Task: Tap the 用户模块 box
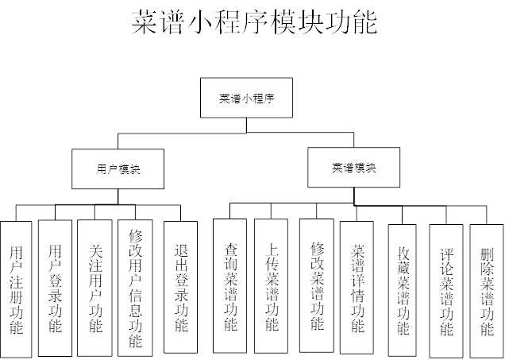point(118,168)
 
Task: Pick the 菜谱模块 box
point(353,167)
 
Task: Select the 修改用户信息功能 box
point(135,286)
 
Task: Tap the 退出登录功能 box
point(180,286)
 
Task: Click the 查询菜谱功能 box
point(229,285)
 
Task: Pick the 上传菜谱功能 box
point(271,285)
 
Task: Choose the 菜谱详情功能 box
point(357,287)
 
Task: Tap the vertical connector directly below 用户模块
point(118,196)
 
